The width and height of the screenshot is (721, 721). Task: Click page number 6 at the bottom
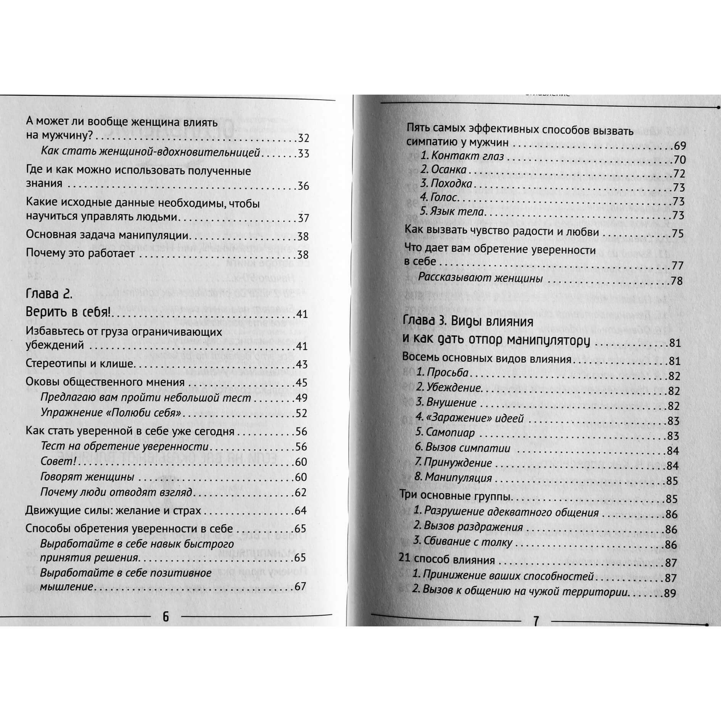pos(166,617)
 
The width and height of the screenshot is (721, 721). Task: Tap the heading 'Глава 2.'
pos(49,294)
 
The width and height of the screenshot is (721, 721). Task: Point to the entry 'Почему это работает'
pos(80,253)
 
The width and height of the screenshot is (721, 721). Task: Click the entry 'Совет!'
pos(58,461)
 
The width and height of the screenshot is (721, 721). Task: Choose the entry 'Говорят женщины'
pos(87,477)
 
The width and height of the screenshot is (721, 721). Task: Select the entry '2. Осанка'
pos(443,170)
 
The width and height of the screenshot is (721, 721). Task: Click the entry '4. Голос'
pos(438,197)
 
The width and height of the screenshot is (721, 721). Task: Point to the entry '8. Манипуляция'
pos(453,477)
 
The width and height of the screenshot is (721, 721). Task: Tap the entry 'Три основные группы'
pos(455,496)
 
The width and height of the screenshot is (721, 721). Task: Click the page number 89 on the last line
pos(670,593)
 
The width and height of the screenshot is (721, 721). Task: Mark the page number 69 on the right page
pos(680,146)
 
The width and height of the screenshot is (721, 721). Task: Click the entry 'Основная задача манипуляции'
pos(107,235)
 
